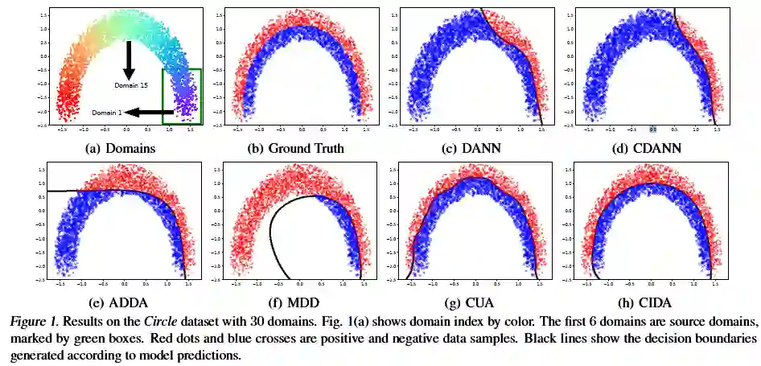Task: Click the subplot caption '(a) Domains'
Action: [120, 148]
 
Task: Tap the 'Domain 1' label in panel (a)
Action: [106, 113]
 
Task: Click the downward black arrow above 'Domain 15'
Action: [128, 60]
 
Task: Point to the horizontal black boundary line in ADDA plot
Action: [80, 191]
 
